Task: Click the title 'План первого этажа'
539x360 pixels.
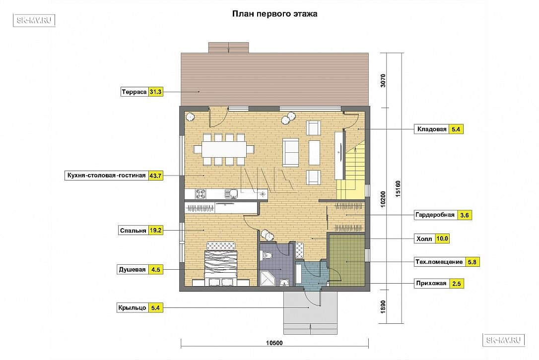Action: [x=274, y=14]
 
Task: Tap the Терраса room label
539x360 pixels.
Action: [x=134, y=92]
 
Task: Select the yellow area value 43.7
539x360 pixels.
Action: [x=155, y=176]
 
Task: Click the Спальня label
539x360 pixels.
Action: [x=133, y=231]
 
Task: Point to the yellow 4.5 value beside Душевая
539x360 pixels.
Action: [x=156, y=270]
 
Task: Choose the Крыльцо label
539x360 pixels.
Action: [x=132, y=308]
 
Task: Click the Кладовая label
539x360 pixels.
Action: [x=432, y=129]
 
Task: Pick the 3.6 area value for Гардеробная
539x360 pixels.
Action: [x=465, y=215]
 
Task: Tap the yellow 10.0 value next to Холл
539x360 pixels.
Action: [x=442, y=239]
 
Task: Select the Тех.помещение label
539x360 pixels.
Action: [x=439, y=262]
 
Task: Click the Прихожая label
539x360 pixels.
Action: [x=431, y=284]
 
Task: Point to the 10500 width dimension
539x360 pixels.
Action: [x=274, y=343]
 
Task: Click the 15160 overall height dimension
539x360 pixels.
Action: [x=398, y=188]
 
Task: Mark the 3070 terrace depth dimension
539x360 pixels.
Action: [x=383, y=81]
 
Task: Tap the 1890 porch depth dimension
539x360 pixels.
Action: [x=383, y=307]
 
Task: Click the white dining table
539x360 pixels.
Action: [x=224, y=149]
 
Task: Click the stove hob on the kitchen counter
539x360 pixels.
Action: [x=201, y=194]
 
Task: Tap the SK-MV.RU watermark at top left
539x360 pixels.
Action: [x=34, y=20]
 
